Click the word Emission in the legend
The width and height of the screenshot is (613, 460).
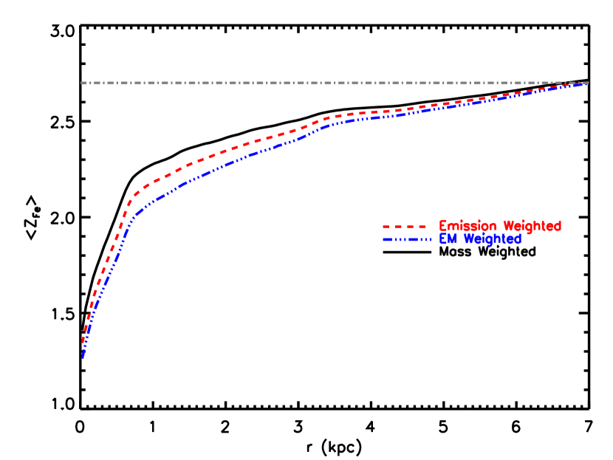click(x=468, y=226)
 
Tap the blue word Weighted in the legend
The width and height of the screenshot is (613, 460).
click(x=492, y=239)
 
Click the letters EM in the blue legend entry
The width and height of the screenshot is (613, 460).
click(x=448, y=239)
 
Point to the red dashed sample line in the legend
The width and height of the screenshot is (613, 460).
click(x=404, y=226)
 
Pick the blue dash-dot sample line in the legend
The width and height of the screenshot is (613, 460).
click(x=407, y=239)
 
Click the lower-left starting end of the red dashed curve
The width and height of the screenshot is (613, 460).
click(x=83, y=343)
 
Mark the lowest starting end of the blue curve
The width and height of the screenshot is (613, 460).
click(x=83, y=359)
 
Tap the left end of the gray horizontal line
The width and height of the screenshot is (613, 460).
click(x=81, y=83)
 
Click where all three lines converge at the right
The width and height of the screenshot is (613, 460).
click(x=587, y=83)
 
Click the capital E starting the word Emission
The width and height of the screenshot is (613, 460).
click(x=443, y=226)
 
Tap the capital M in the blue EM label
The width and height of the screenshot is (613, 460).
click(x=453, y=239)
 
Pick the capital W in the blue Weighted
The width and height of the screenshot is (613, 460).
click(x=469, y=239)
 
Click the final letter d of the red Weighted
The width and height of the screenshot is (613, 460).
click(x=558, y=226)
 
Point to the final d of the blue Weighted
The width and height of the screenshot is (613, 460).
click(x=518, y=239)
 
